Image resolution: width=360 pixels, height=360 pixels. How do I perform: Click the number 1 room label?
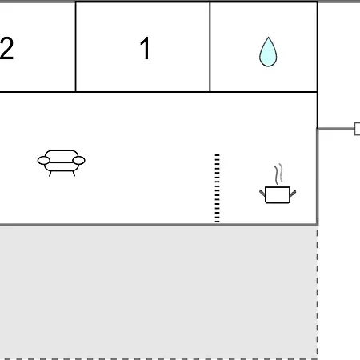145,48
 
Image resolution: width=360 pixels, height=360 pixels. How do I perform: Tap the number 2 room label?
6,48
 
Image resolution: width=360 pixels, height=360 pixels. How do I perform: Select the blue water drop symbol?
268,52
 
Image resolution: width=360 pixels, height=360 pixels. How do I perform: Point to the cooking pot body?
278,195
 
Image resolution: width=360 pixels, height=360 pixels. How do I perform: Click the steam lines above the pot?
278,174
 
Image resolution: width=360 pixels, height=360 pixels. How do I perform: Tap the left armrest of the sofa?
44,161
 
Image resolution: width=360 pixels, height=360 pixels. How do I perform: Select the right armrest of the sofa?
78,161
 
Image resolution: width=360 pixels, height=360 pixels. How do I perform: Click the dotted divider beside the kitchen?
218,188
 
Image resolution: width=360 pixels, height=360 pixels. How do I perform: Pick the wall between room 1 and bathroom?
210,47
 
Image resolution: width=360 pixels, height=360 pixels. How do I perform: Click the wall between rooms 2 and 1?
76,47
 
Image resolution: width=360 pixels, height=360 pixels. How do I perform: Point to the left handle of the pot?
262,193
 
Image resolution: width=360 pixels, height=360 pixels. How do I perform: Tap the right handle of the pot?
293,194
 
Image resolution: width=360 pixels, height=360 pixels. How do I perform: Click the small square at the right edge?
358,129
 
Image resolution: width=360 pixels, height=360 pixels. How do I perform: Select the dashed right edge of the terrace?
318,292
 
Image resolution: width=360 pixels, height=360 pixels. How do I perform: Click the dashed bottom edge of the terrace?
158,359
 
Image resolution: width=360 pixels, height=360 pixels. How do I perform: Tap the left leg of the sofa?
50,174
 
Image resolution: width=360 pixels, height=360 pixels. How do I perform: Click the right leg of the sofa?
74,174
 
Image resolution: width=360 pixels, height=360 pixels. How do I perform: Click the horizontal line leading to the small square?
336,129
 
